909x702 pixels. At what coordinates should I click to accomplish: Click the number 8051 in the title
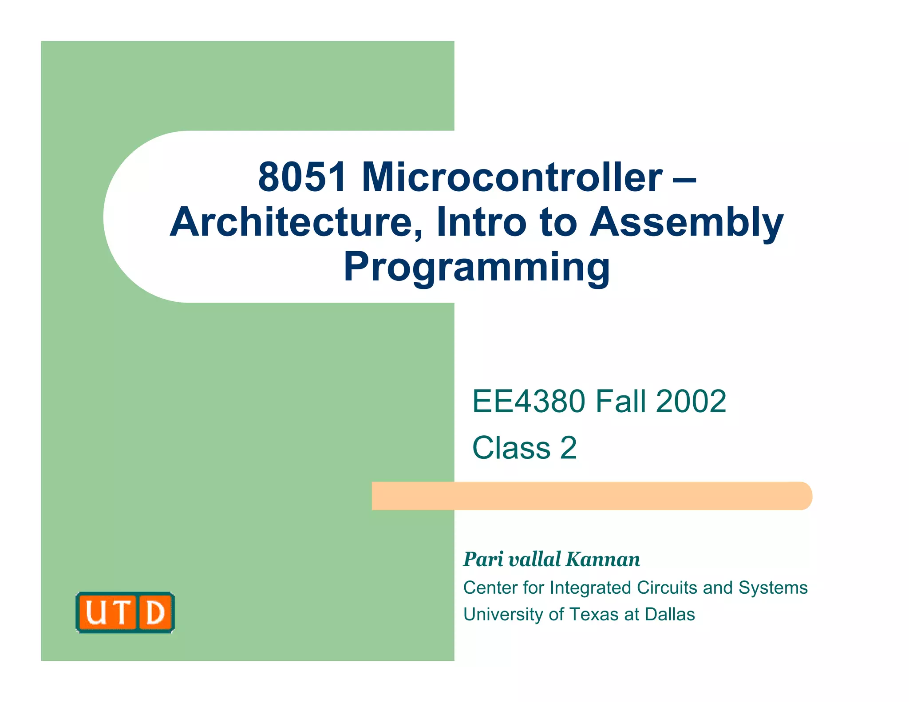point(302,177)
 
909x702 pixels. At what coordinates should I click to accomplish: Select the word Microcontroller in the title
point(512,177)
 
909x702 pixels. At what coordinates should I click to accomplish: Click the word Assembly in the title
point(686,223)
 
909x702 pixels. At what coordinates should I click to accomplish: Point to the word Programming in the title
point(477,267)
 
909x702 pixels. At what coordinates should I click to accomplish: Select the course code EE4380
point(529,401)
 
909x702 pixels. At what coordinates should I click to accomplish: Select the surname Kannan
point(603,560)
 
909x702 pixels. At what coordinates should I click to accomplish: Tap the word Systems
point(773,588)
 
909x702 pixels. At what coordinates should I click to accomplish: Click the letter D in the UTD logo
point(155,613)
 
